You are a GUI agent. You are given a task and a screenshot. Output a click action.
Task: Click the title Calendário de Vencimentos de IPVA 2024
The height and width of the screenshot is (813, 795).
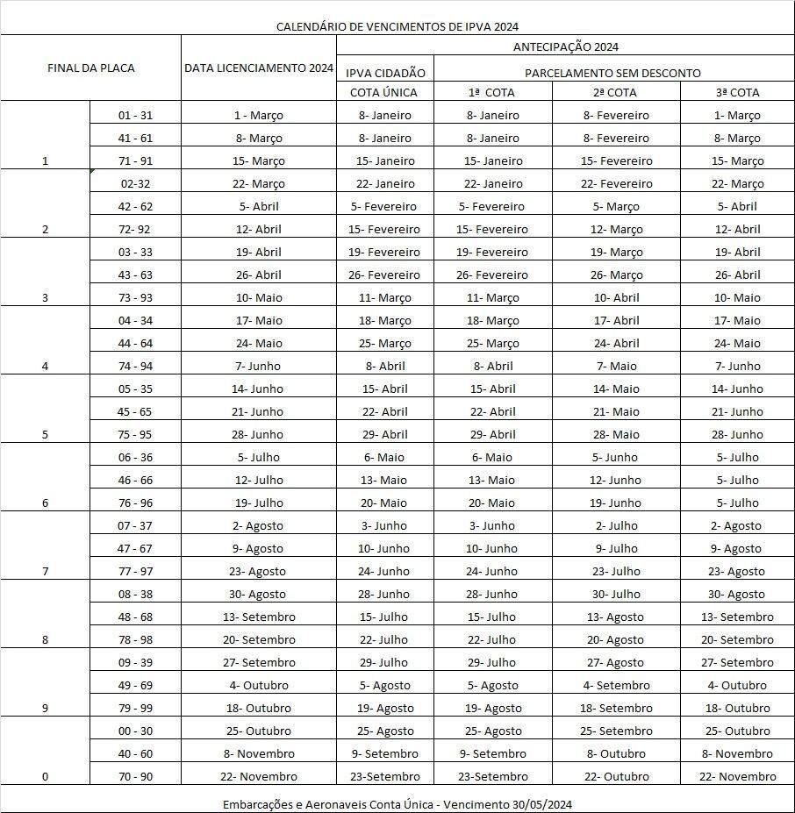tap(404, 26)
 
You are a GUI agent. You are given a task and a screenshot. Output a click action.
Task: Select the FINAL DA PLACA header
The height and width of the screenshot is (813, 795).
tap(90, 68)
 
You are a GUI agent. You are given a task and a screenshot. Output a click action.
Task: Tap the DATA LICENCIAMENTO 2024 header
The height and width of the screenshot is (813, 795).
tap(259, 68)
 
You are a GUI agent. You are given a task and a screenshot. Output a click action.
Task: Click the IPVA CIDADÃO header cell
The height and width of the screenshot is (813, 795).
tap(385, 73)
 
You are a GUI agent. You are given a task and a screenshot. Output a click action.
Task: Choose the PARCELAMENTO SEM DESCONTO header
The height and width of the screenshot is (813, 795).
tap(612, 73)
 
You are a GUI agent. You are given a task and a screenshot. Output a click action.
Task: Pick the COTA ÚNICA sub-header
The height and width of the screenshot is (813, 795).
tap(383, 92)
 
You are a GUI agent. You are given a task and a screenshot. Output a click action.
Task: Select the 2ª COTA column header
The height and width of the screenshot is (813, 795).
tap(614, 92)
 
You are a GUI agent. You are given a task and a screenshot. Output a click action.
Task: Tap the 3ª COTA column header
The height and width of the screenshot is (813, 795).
tap(736, 92)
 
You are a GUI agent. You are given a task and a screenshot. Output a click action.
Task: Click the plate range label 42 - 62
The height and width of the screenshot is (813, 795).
tap(135, 206)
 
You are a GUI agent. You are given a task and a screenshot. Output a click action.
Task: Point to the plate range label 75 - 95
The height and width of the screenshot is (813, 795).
tap(135, 434)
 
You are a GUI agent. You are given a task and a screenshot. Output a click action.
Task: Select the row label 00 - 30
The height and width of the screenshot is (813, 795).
tap(135, 731)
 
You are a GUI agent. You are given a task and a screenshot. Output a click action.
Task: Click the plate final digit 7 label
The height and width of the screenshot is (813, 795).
tap(45, 571)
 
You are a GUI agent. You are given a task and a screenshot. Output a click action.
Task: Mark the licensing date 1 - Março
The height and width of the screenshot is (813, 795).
tap(258, 115)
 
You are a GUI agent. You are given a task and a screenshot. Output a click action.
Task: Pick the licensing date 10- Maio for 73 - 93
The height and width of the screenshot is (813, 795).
tap(258, 297)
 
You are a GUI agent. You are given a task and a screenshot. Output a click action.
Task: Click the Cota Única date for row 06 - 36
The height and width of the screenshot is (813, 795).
tap(383, 457)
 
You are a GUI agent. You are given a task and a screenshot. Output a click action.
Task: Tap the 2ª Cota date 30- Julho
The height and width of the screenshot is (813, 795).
tap(615, 594)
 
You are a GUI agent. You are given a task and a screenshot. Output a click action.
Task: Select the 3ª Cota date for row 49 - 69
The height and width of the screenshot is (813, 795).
tap(737, 685)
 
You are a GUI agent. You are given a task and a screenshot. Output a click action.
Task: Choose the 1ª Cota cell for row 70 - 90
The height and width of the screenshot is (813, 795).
tap(493, 776)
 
